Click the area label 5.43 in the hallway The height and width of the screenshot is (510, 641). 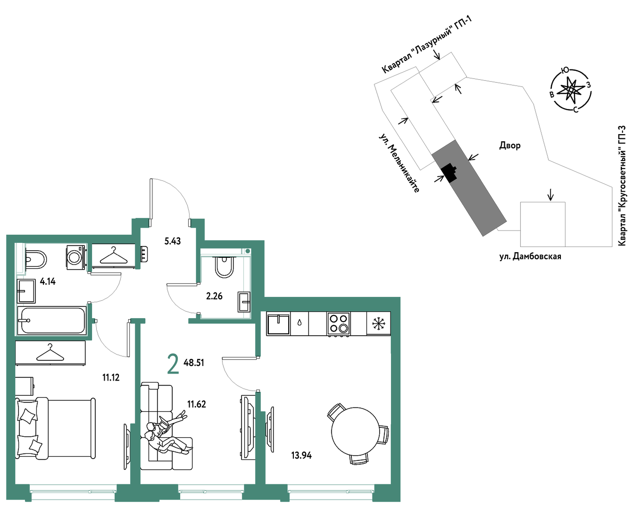pos(173,241)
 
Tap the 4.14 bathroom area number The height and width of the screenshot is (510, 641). pos(48,281)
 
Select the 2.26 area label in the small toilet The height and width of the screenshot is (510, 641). pos(214,297)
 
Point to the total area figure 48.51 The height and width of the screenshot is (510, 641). pos(194,363)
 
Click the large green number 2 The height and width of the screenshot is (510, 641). pos(173,364)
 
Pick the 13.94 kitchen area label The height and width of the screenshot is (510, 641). pos(301,455)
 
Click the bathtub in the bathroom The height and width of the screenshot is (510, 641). pos(52,321)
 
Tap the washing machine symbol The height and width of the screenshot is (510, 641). pos(76,257)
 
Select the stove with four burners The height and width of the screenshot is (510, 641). pos(338,323)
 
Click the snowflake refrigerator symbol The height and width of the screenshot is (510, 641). pos(379,323)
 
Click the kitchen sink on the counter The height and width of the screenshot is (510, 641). pos(278,323)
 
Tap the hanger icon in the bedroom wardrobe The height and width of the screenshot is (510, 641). pos(50,353)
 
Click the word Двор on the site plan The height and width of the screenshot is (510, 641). pos(510,145)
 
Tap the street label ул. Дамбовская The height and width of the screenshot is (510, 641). pos(530,256)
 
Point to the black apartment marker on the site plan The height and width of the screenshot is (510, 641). pos(449,173)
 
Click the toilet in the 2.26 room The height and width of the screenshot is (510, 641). pos(225,267)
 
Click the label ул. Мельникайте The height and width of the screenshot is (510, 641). pos(400,163)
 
